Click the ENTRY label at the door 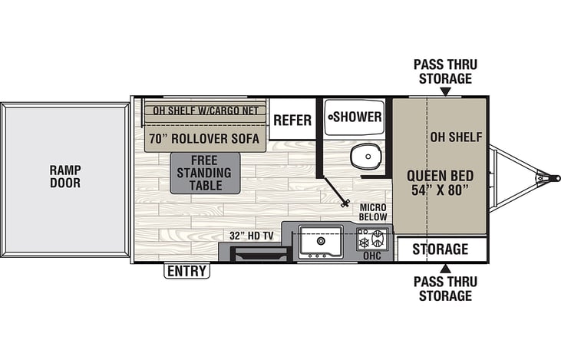tap(186, 271)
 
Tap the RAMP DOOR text tap(65, 177)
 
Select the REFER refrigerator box tap(292, 120)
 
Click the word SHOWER tap(358, 117)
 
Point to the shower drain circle tap(331, 117)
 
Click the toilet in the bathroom tap(366, 156)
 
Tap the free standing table tap(205, 173)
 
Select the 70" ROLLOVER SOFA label tap(204, 138)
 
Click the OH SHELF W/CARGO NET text tap(206, 111)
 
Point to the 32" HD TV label tap(252, 236)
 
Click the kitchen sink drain tap(321, 240)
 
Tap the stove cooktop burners tap(372, 239)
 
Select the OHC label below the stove tap(372, 256)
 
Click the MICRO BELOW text tap(373, 212)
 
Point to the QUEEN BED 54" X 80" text tap(440, 183)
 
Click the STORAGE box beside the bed tap(442, 249)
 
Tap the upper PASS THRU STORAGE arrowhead tap(445, 92)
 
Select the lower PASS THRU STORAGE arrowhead tap(445, 269)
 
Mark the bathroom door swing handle tap(345, 204)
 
